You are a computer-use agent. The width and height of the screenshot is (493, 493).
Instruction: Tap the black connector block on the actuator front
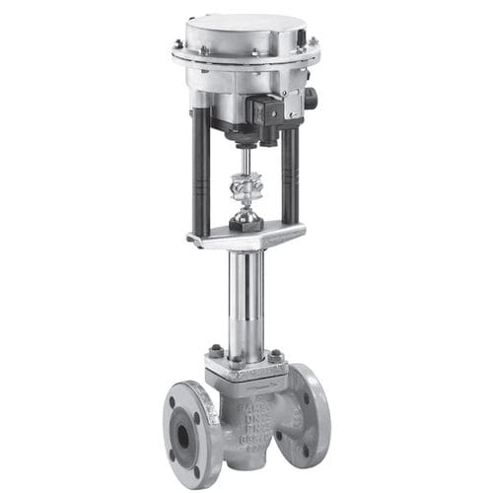(x=268, y=110)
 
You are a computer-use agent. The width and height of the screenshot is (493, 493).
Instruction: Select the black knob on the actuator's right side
(x=310, y=99)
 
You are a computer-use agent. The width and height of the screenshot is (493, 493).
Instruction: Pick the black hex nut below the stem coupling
(x=245, y=223)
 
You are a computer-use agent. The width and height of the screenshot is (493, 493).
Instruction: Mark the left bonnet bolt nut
(x=216, y=352)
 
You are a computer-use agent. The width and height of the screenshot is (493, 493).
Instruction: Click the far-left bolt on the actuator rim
(x=178, y=44)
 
